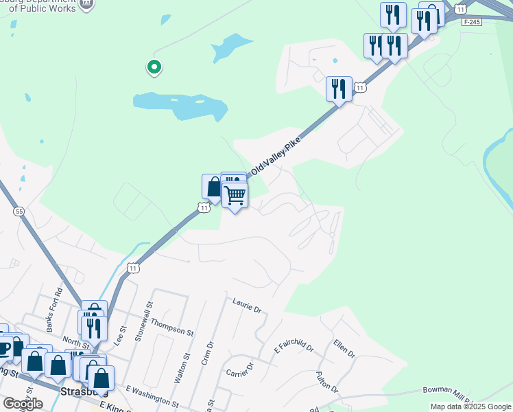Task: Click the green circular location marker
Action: click(x=154, y=67)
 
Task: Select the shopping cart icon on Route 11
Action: click(x=235, y=196)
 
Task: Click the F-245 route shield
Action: click(x=468, y=22)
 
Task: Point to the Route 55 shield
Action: click(x=19, y=211)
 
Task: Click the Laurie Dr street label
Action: click(x=248, y=304)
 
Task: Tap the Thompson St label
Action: click(x=173, y=325)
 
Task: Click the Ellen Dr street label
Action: click(x=344, y=348)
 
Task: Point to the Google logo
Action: click(x=23, y=404)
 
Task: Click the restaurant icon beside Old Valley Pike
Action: click(x=339, y=89)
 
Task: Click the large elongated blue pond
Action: click(x=180, y=105)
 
